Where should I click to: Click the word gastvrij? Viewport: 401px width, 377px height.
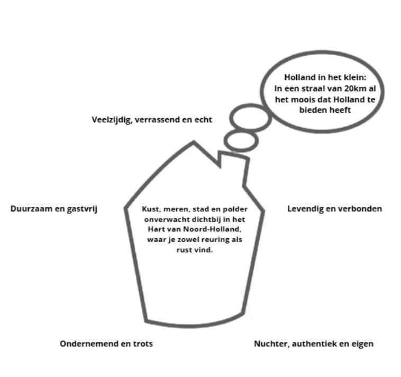coord(83,209)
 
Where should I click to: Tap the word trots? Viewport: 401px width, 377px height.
coord(141,344)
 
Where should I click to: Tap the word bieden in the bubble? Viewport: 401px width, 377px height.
coord(311,110)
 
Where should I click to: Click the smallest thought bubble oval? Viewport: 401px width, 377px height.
coord(241,141)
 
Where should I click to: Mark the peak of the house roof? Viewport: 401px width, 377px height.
coord(194,142)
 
